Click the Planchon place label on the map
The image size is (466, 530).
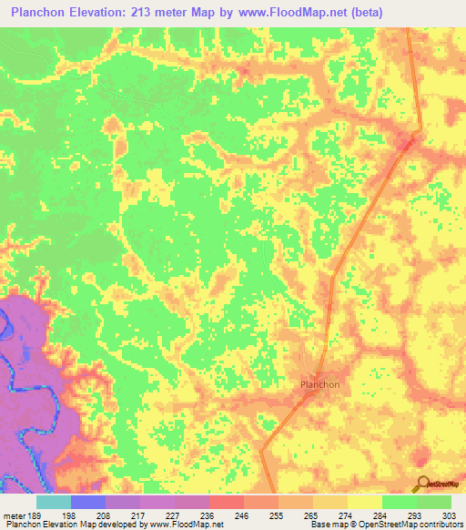tap(319, 384)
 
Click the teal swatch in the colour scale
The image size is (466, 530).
tap(54, 502)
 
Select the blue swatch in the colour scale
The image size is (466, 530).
tap(88, 502)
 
